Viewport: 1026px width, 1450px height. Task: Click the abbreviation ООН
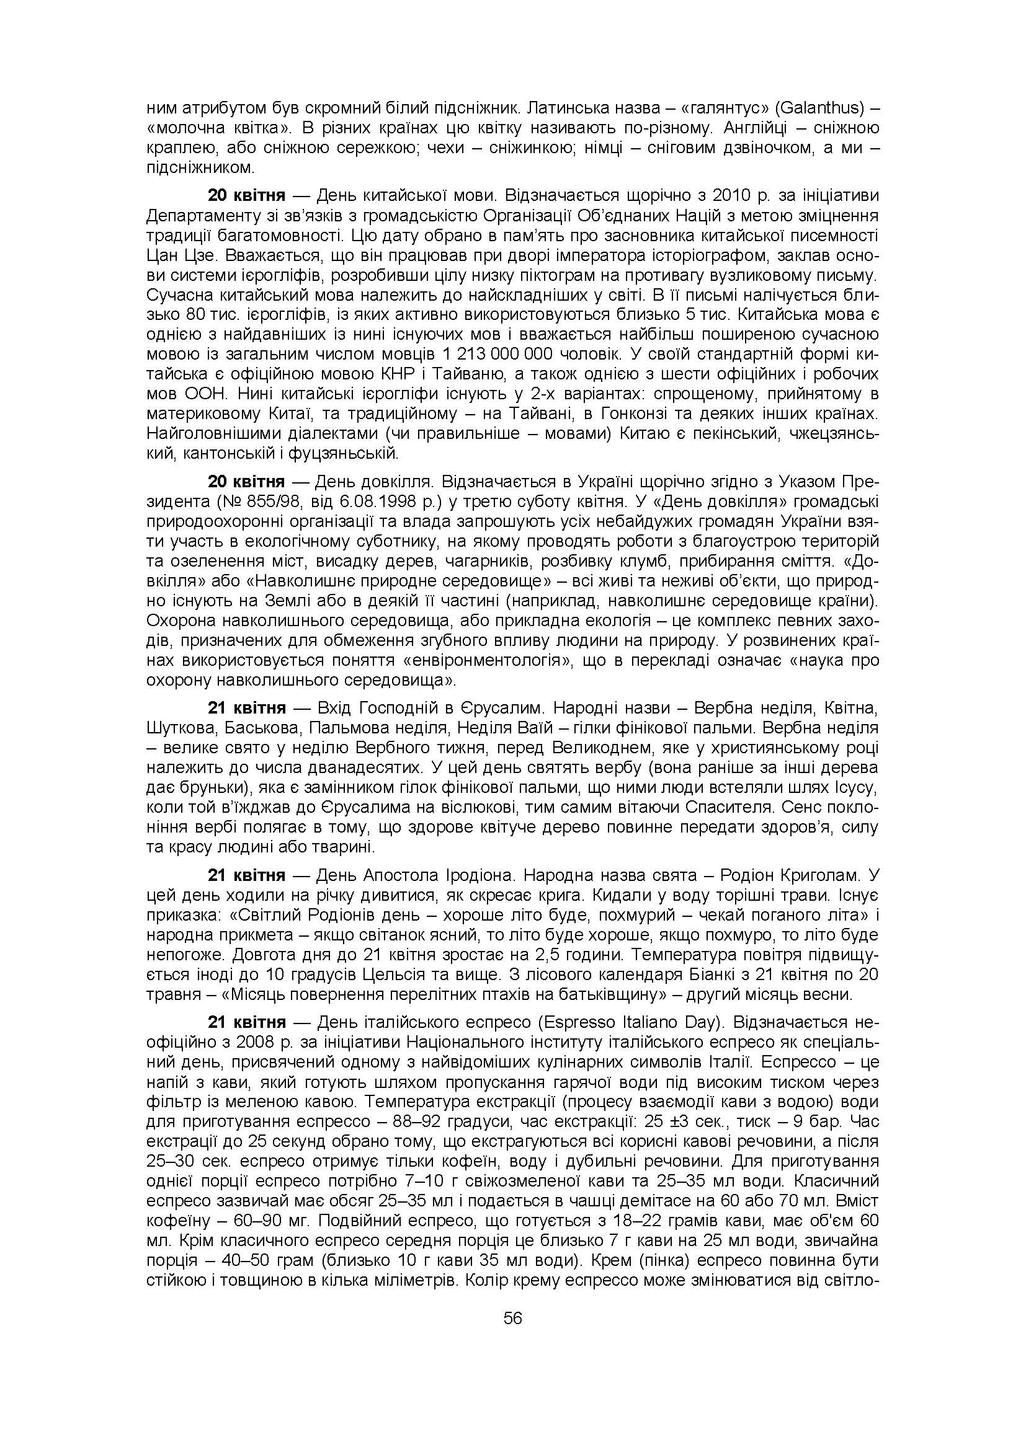(x=204, y=394)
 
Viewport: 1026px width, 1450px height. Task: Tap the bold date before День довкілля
(x=246, y=482)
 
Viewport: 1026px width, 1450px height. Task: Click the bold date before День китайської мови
(x=246, y=195)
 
